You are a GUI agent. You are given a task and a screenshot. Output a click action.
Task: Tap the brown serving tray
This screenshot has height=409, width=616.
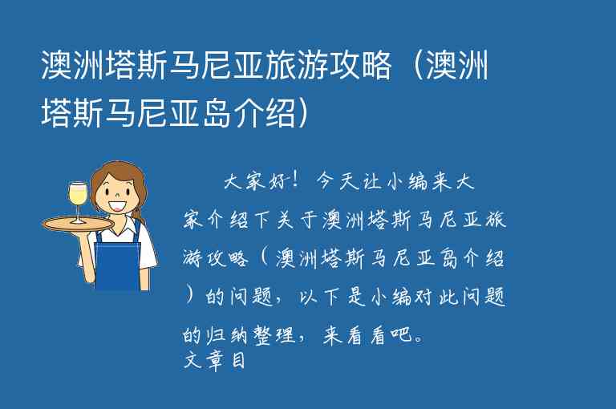coord(78,224)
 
